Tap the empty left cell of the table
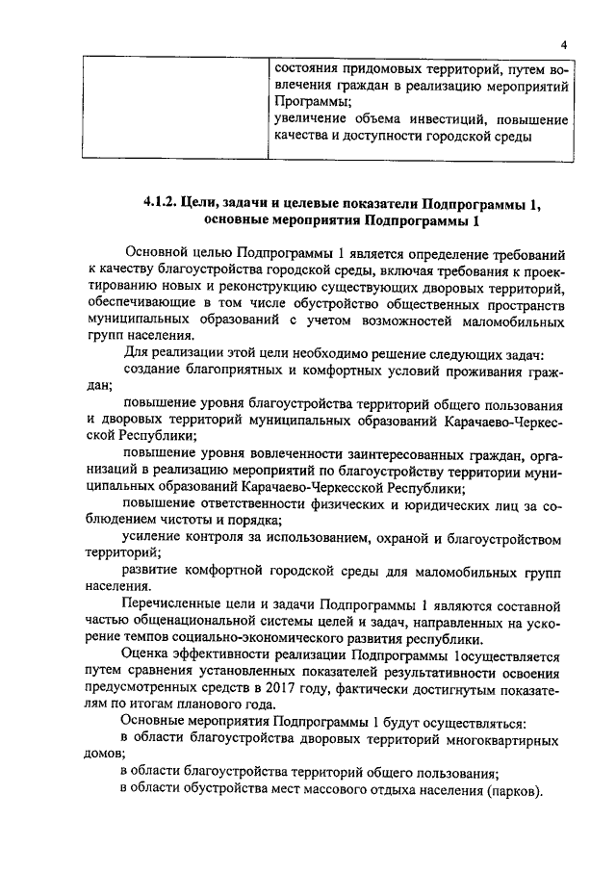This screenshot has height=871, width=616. [x=173, y=107]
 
